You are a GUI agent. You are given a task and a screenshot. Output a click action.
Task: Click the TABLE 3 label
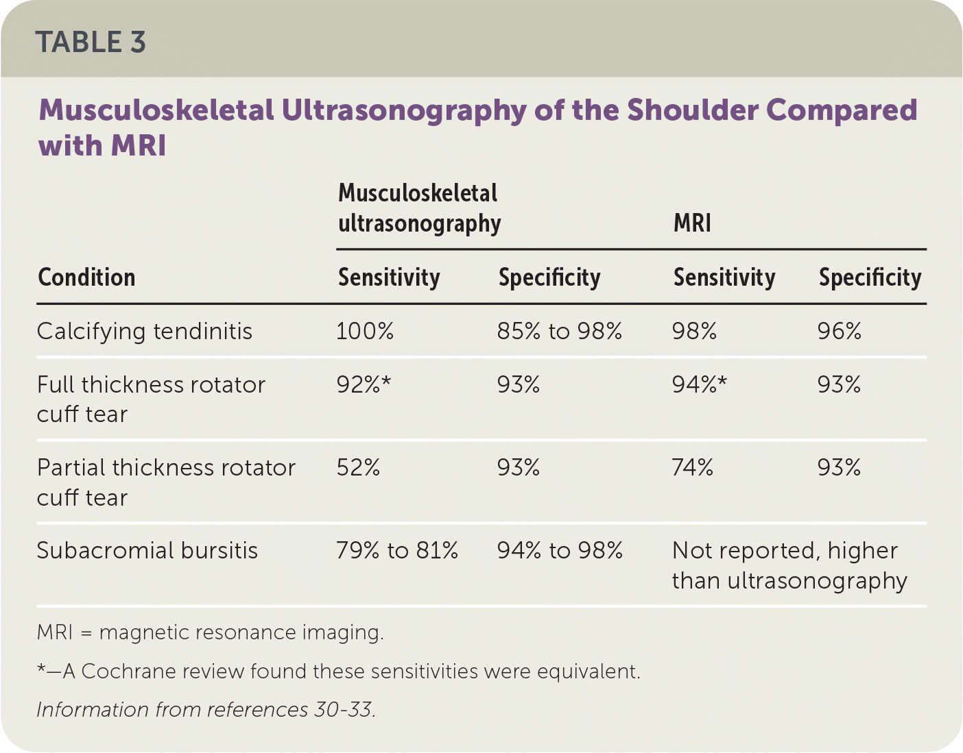91,42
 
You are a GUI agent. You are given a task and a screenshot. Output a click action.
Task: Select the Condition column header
86,277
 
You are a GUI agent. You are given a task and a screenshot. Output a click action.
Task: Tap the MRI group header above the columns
692,223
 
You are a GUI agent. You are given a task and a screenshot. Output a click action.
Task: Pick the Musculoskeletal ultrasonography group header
419,208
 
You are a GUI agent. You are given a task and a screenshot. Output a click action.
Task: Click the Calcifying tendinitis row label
144,332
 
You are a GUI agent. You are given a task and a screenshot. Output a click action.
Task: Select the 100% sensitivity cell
365,332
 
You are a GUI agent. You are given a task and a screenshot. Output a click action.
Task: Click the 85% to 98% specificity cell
559,332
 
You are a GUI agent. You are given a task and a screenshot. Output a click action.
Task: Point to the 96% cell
839,332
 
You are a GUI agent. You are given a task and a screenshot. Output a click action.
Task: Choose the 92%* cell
364,385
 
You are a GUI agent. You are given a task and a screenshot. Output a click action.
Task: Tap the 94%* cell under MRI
699,385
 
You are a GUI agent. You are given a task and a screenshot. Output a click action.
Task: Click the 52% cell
358,468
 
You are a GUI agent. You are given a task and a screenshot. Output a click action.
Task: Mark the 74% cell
693,468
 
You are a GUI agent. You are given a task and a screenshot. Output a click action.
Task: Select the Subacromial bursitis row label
147,551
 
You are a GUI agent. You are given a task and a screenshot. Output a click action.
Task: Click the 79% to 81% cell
397,551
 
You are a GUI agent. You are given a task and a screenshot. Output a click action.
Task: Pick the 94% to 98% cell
560,551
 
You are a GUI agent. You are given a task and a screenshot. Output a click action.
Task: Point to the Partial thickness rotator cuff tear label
165,482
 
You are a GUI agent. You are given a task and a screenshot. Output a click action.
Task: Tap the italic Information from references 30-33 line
206,710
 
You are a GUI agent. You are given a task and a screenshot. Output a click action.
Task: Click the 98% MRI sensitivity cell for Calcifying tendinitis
694,332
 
